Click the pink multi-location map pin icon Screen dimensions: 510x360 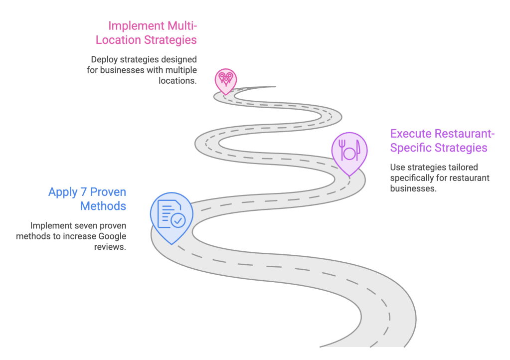[226, 81]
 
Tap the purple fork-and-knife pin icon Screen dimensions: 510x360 [349, 153]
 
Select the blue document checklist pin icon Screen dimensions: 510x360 [171, 216]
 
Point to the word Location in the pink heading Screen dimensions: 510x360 [118, 40]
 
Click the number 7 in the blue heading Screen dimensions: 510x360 [84, 192]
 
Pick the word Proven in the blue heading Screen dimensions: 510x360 [108, 192]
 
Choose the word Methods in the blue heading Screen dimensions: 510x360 [103, 206]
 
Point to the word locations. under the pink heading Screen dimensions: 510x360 [177, 81]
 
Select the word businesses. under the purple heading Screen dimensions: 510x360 [413, 188]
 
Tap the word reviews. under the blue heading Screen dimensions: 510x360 [110, 247]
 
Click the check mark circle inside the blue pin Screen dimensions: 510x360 [178, 220]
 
